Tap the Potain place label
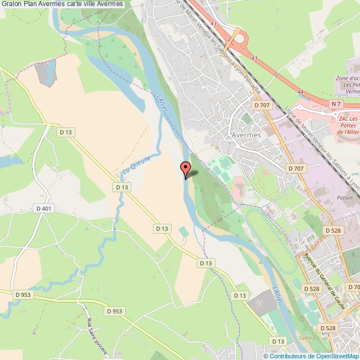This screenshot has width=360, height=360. point(344,196)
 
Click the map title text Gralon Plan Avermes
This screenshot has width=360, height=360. point(62,4)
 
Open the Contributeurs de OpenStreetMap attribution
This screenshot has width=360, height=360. point(313,356)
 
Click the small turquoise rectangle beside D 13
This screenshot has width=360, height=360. point(183,230)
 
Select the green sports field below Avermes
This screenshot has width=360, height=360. point(221,166)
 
